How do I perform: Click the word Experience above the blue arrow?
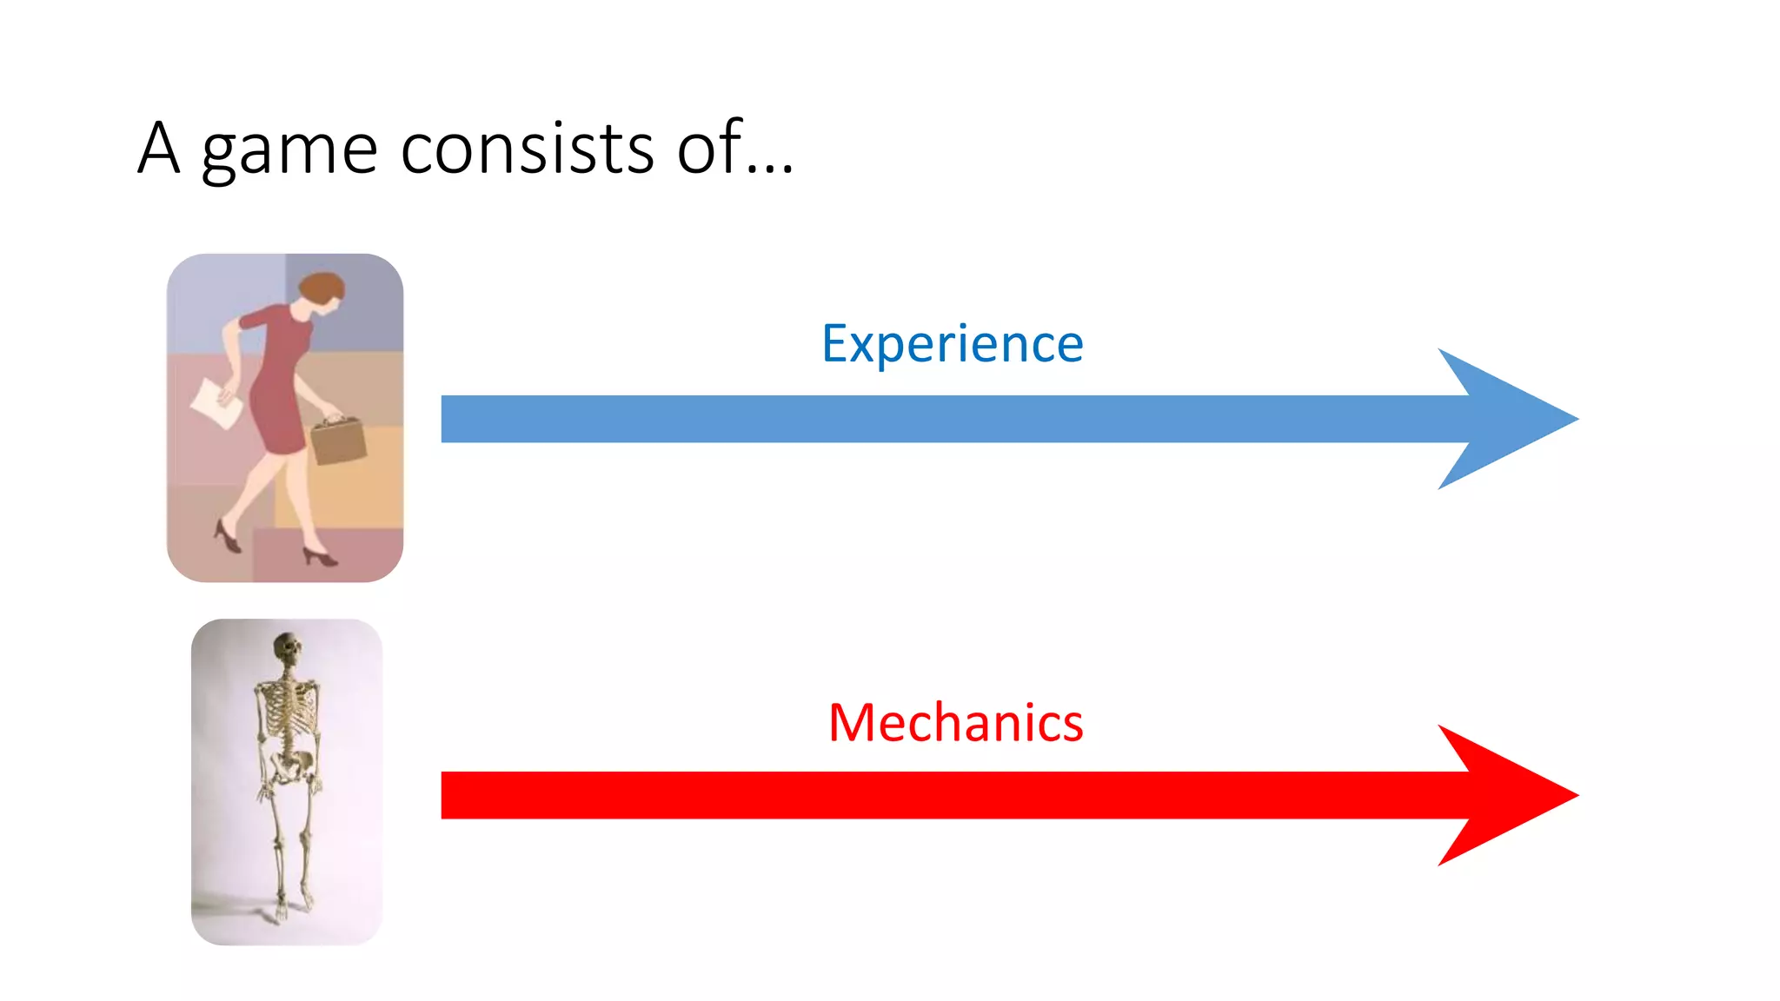[x=953, y=344]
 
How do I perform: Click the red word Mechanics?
[x=956, y=723]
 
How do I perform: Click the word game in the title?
[x=289, y=149]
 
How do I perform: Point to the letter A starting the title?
[x=158, y=148]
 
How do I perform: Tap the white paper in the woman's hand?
[x=216, y=403]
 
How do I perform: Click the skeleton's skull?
[x=287, y=648]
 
